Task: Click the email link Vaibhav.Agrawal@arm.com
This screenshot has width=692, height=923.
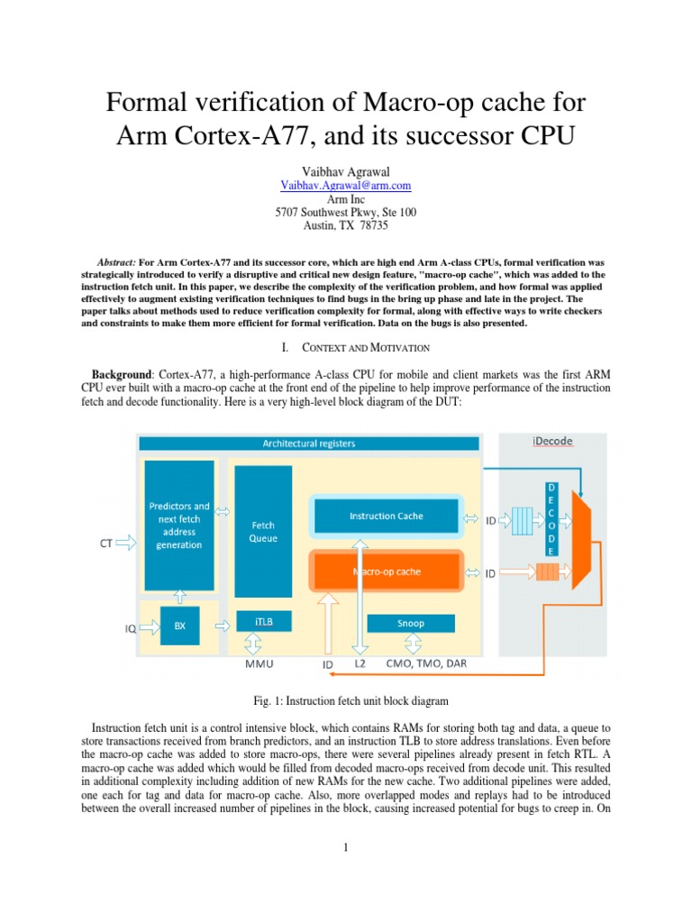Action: coord(346,185)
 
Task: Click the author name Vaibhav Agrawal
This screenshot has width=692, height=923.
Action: coord(346,170)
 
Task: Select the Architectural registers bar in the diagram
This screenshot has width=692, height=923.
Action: coord(308,443)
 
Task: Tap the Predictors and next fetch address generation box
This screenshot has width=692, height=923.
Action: coord(179,525)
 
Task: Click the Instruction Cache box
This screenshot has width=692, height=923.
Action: coord(386,516)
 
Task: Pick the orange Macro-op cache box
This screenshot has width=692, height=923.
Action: coord(386,571)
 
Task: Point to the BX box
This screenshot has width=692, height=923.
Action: coord(179,626)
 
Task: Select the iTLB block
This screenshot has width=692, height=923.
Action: coord(263,622)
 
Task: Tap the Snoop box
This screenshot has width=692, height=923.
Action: coord(411,623)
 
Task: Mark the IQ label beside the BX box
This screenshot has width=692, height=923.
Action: coord(130,629)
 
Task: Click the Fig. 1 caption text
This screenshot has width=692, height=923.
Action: coord(346,700)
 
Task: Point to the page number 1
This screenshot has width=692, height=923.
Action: coord(346,847)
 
